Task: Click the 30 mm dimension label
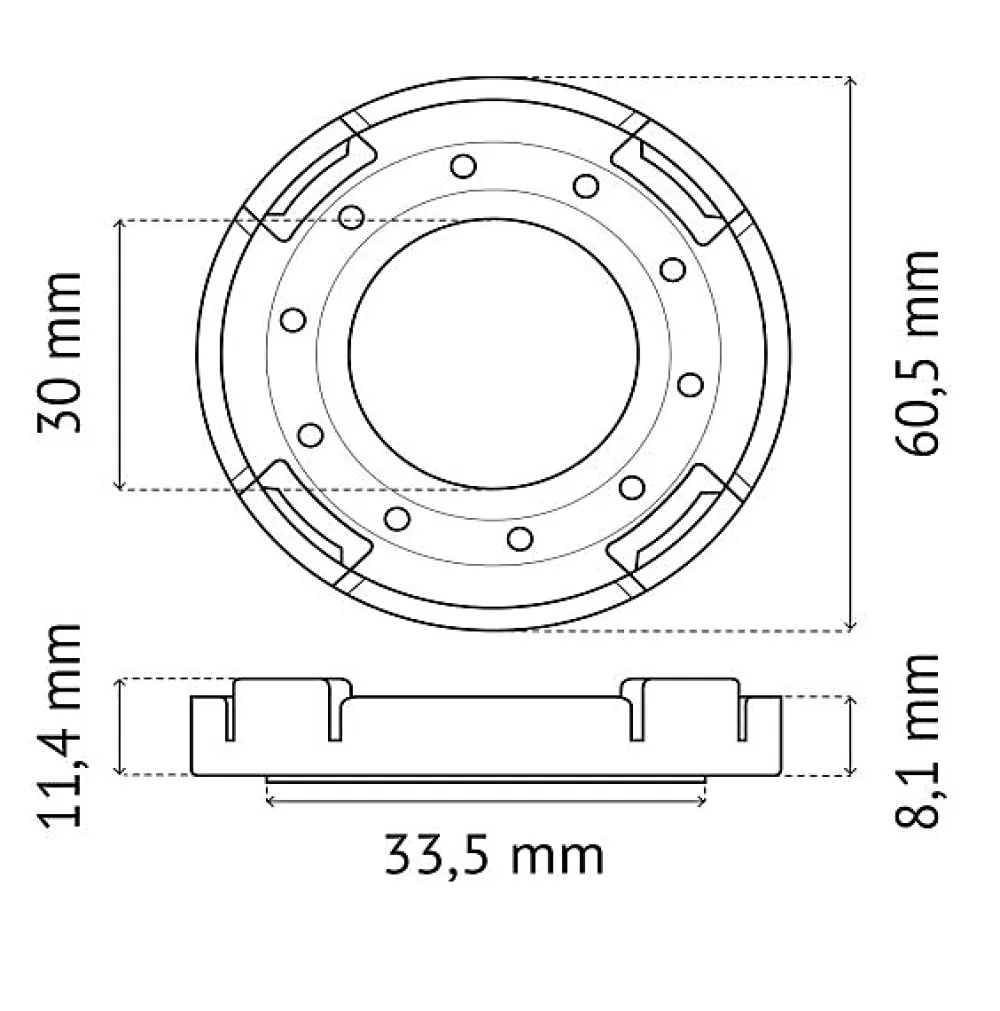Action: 60,353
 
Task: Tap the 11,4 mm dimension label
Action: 60,725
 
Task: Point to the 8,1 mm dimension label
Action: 916,741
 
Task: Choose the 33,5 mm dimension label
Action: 494,856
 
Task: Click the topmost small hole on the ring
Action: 463,166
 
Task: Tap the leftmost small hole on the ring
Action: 293,320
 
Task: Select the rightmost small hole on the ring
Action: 691,385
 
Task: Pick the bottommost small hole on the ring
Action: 520,538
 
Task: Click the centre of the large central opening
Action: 494,353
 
